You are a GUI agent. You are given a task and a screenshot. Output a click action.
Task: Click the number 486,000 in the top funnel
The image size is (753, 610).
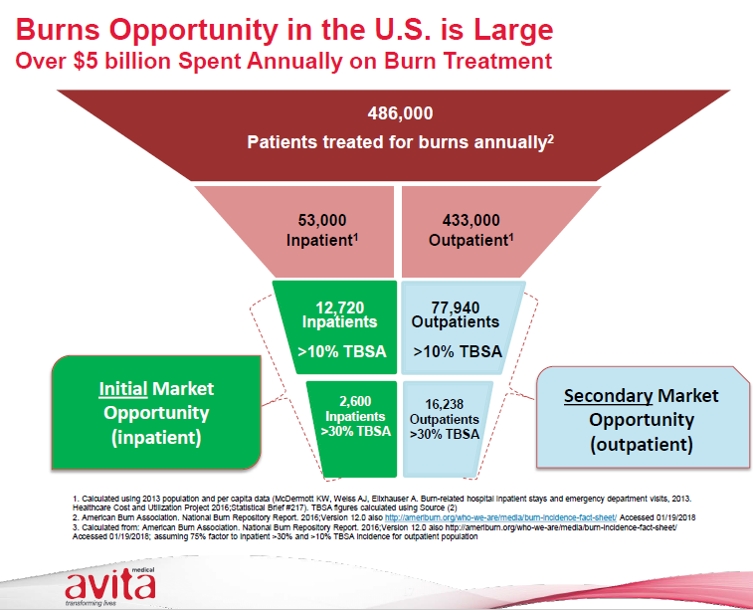(400, 111)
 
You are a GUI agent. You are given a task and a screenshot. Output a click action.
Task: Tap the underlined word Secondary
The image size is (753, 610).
(607, 395)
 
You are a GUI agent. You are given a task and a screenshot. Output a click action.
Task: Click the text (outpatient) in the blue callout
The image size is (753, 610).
(641, 445)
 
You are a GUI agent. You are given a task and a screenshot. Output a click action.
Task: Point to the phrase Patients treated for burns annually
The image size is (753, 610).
(396, 142)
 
